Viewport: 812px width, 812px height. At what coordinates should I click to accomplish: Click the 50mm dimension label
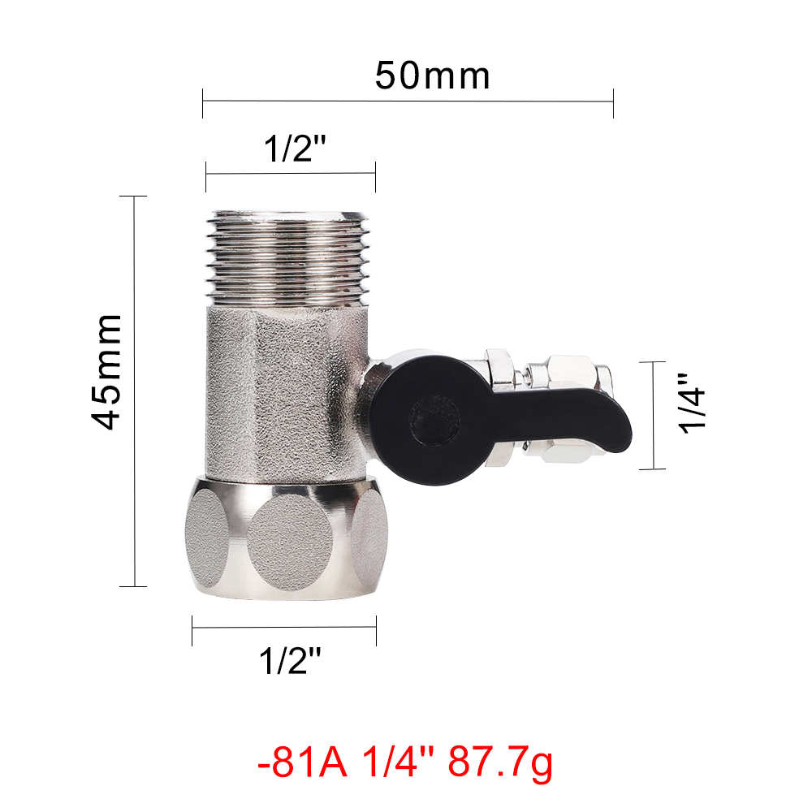(x=433, y=76)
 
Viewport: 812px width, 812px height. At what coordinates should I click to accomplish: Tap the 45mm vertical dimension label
(x=106, y=372)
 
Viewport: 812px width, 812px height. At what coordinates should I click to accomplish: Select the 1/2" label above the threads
(x=295, y=149)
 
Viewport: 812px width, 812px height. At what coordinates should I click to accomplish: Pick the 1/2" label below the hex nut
(x=290, y=660)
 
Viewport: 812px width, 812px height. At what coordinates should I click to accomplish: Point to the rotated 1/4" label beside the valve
(x=692, y=403)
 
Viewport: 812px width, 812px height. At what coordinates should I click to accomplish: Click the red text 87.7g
(x=500, y=762)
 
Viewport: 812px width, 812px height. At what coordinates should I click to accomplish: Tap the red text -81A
(x=302, y=762)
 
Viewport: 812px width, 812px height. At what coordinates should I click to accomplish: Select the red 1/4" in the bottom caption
(x=398, y=762)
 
